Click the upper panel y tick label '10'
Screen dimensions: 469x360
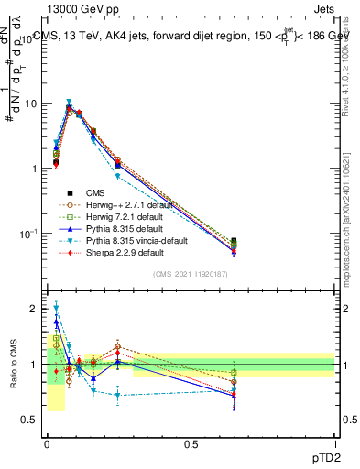[31, 103]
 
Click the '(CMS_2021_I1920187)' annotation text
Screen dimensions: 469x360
[191, 274]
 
